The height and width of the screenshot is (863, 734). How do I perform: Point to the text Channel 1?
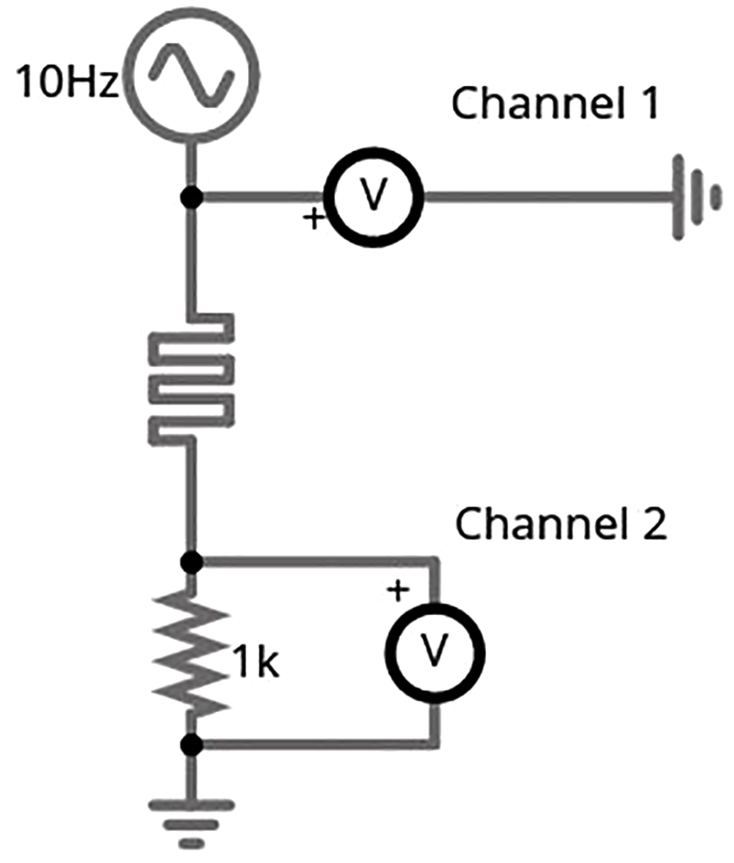555,103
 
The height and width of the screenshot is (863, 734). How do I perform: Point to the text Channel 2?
562,524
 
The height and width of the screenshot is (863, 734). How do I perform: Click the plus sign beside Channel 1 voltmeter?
314,218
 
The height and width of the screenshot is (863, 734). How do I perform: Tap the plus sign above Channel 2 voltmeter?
398,590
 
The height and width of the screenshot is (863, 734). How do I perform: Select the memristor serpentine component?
190,377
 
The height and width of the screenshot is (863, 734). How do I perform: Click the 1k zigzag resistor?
191,652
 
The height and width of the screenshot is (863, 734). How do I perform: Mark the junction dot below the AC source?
190,198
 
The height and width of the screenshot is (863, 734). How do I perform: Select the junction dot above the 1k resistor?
190,563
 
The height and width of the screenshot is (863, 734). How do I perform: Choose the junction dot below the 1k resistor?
190,744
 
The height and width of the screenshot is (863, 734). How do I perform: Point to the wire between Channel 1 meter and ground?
539,198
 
